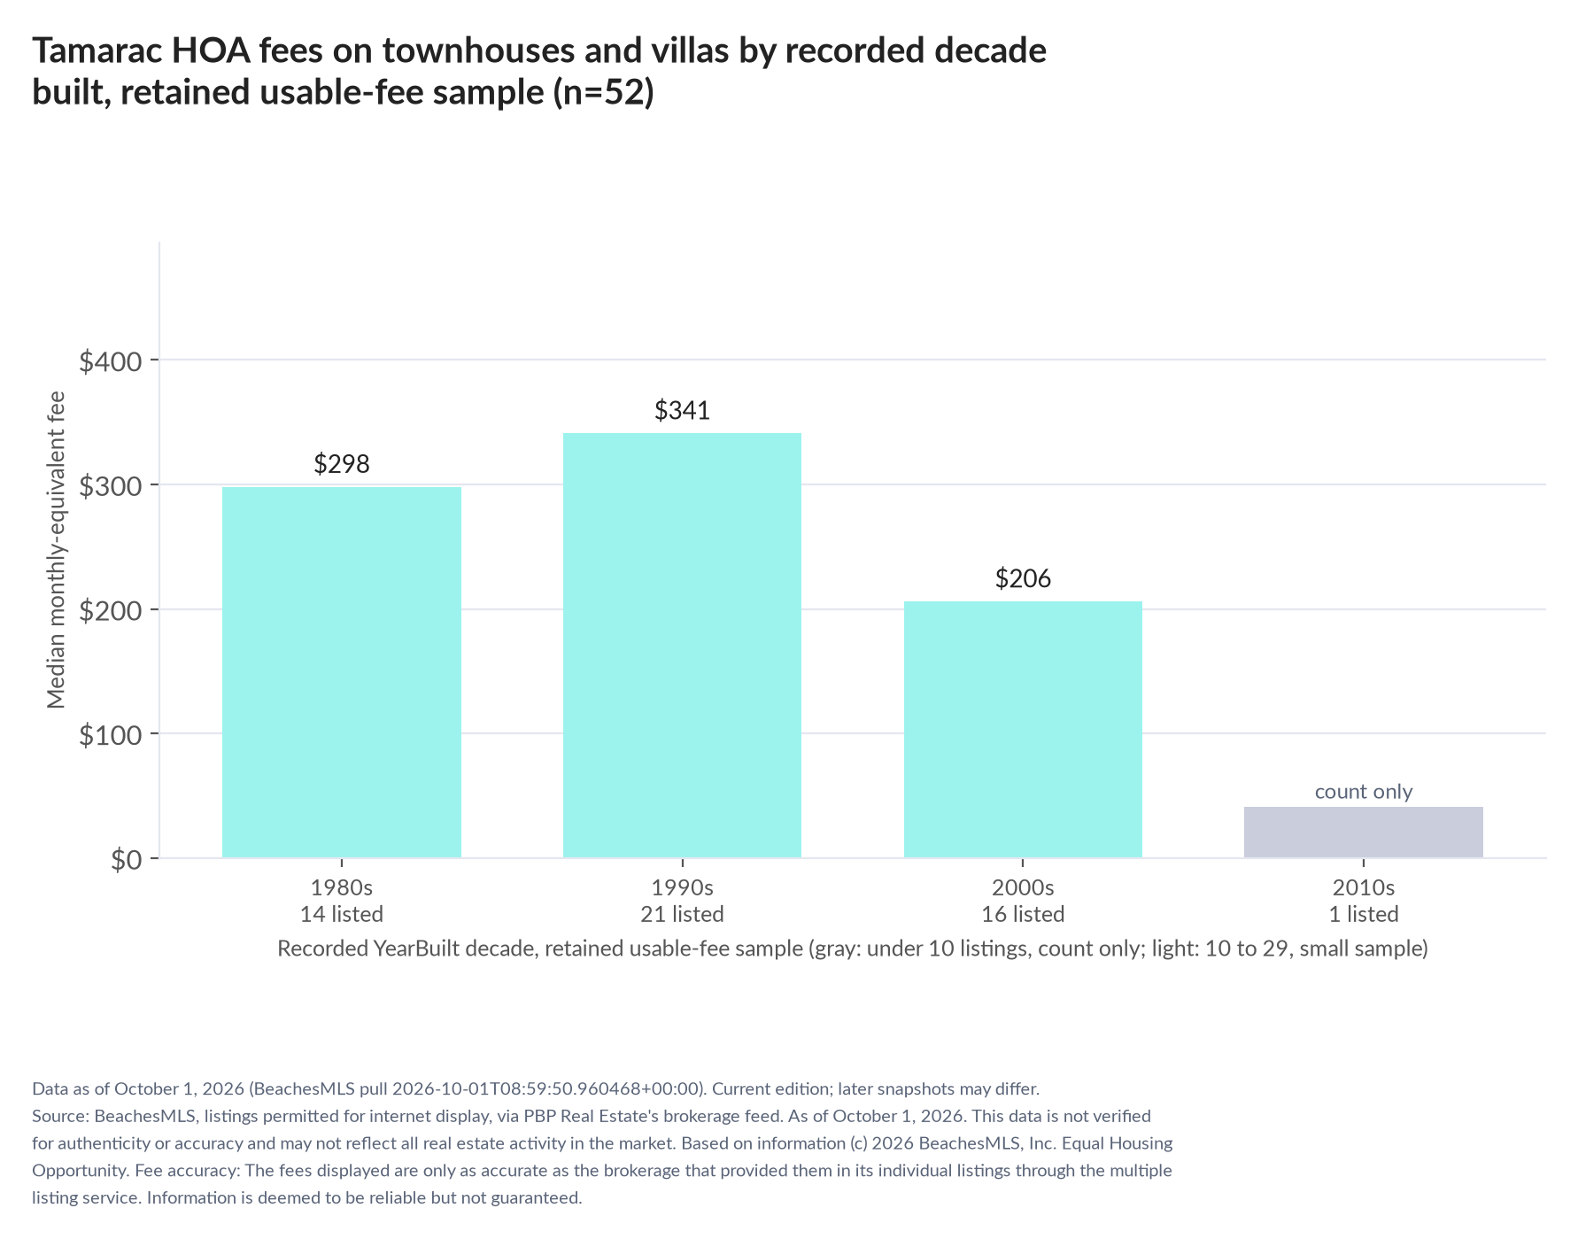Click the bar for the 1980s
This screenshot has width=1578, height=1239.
342,672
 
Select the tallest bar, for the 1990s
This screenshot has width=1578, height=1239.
682,646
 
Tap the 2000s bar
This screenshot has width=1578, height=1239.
1023,730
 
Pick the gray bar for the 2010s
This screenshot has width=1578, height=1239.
1364,832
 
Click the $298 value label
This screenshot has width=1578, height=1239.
342,464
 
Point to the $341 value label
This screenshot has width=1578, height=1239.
682,410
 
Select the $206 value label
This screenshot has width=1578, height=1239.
1023,579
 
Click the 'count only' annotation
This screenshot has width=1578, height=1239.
1364,792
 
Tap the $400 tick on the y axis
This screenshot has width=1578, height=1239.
111,361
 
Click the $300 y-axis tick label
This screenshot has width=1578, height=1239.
111,486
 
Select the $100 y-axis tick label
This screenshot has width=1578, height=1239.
111,735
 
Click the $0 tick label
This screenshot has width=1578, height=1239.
127,860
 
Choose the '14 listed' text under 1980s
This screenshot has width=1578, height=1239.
342,914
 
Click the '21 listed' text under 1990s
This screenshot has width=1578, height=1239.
682,914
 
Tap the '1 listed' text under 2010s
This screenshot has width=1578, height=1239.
1364,914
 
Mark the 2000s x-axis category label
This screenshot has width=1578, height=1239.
1023,887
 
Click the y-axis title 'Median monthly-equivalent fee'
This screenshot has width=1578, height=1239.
57,550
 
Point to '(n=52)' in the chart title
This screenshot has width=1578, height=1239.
603,92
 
